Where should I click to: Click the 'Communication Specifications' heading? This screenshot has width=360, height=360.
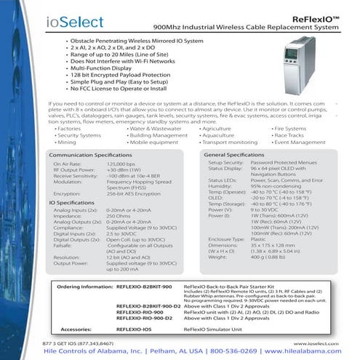tap(90, 156)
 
